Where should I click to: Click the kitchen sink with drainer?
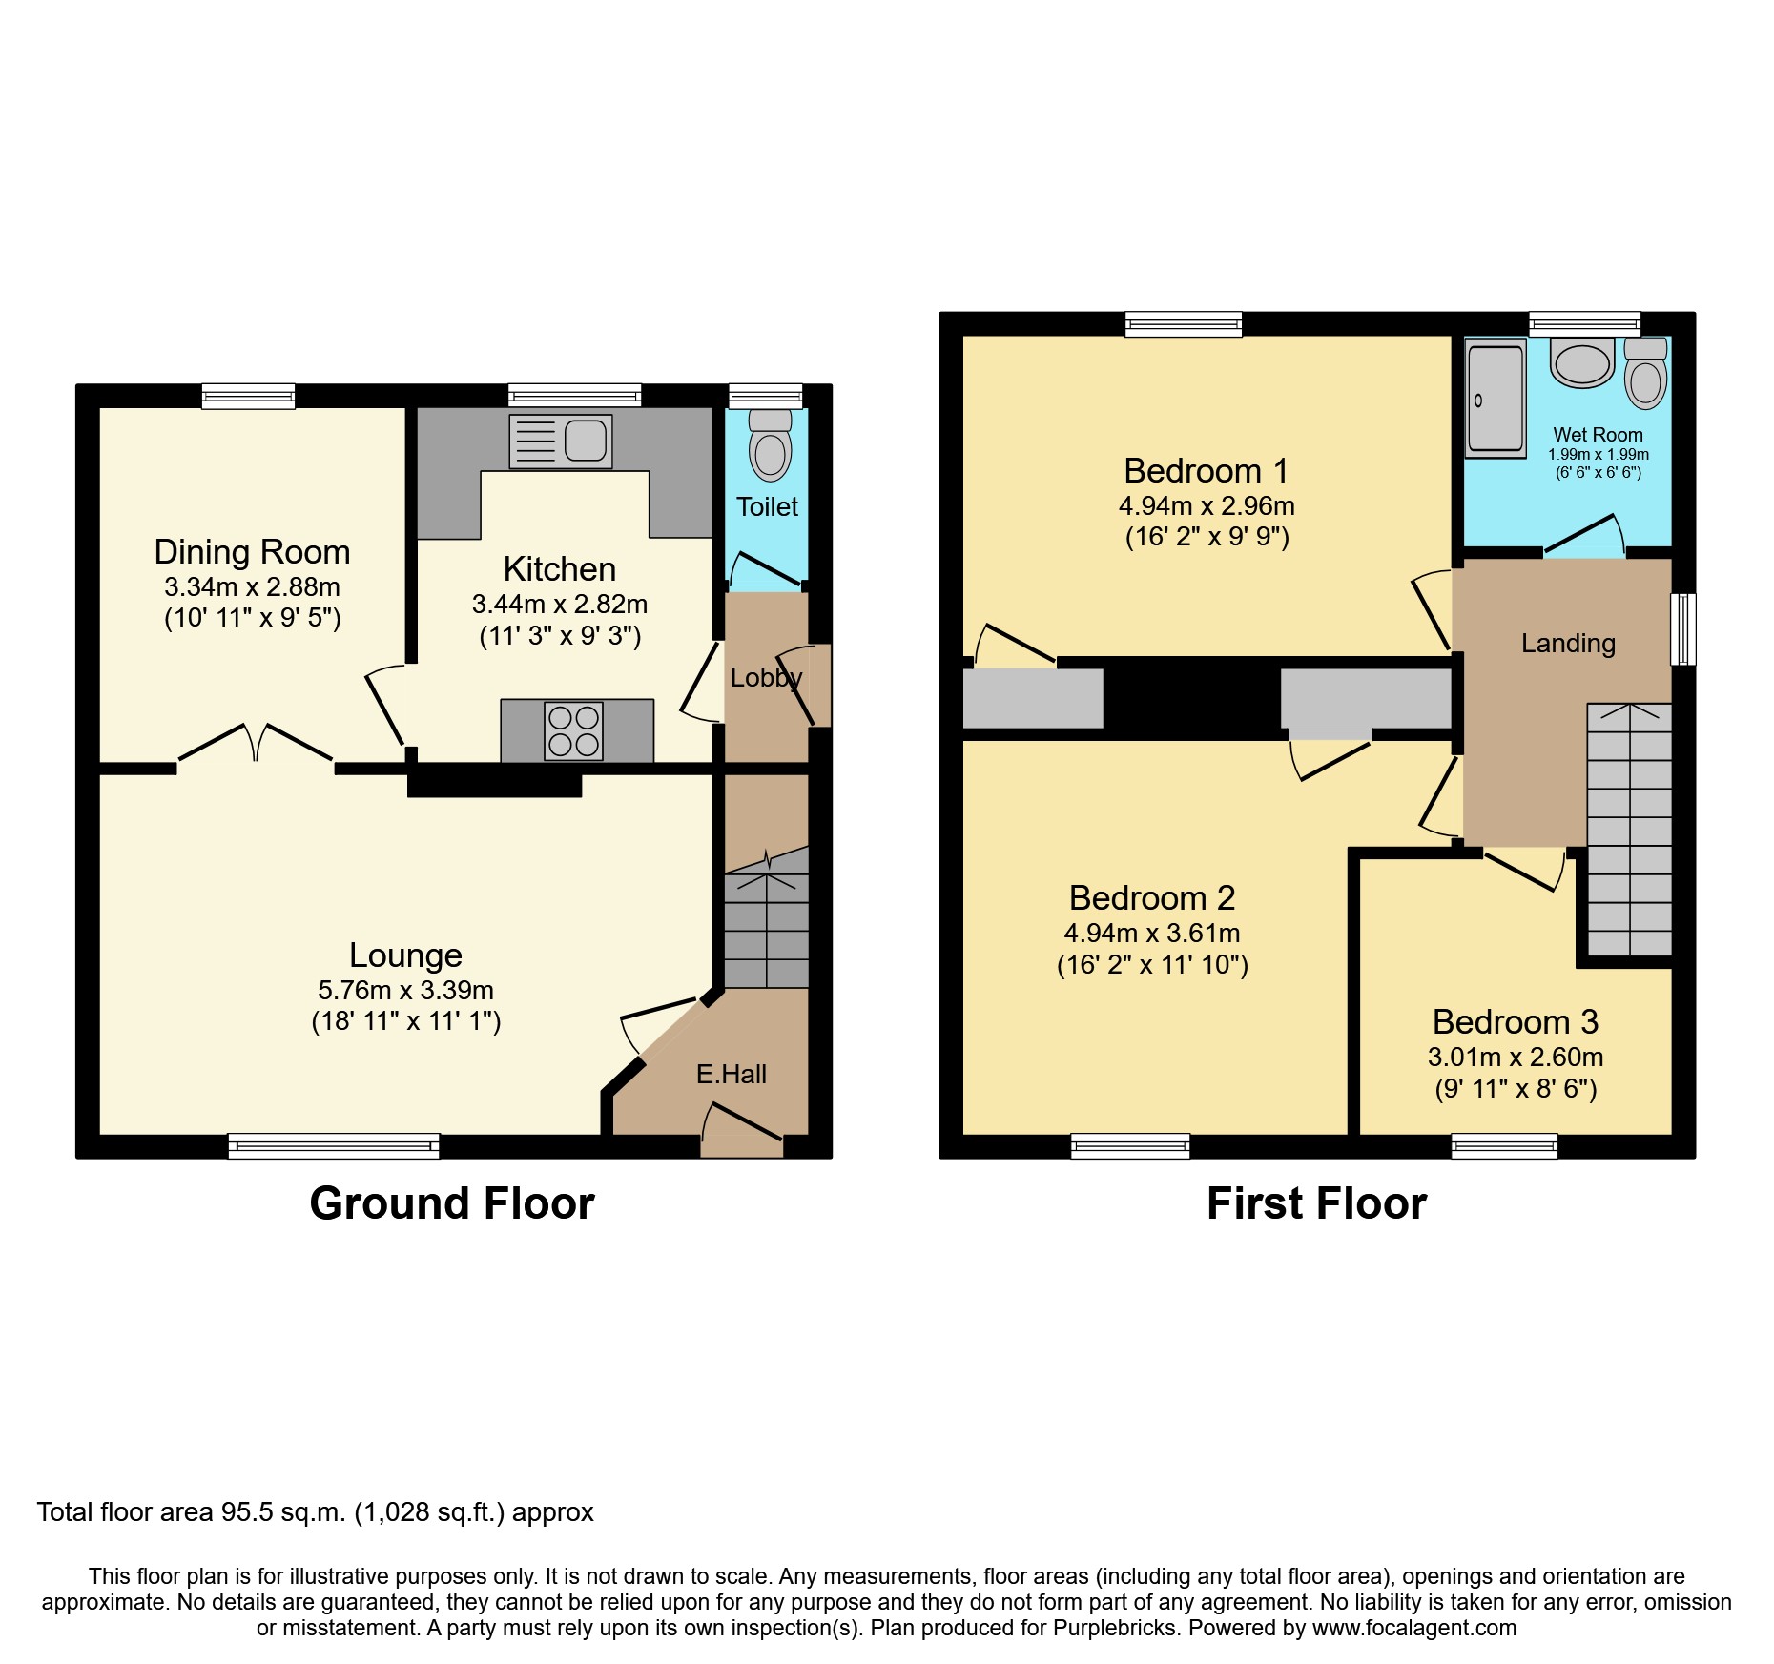click(561, 442)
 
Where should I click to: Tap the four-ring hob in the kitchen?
click(573, 731)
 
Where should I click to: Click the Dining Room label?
click(252, 552)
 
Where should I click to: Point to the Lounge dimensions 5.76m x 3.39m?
click(405, 991)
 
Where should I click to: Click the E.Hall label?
click(731, 1075)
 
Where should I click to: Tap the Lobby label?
click(766, 678)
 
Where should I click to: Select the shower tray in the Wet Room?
click(1496, 399)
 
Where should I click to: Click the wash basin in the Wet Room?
click(1582, 362)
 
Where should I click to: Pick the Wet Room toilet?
click(1646, 378)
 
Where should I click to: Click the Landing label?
click(1568, 644)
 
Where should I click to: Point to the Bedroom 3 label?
click(1515, 1022)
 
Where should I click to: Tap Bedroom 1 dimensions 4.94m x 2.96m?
click(1207, 506)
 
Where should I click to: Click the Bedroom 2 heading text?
click(1151, 898)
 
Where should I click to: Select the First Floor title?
click(1316, 1203)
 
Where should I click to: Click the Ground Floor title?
click(452, 1203)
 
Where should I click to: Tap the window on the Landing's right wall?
click(1683, 628)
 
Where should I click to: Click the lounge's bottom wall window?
click(334, 1145)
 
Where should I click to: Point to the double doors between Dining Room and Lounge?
click(256, 744)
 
